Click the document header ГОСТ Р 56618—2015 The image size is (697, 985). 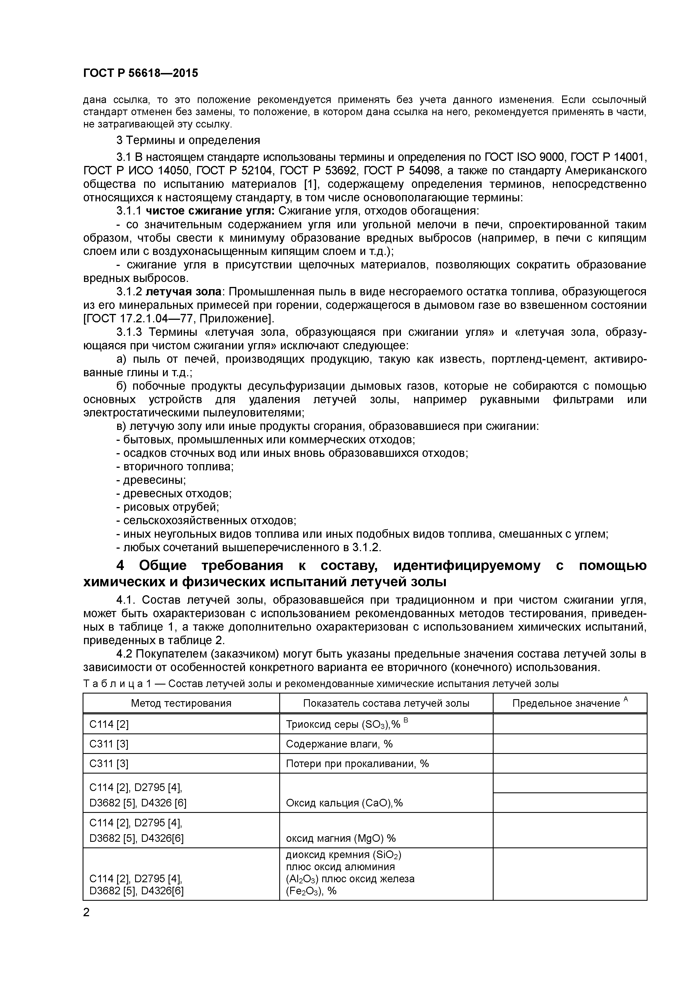point(140,73)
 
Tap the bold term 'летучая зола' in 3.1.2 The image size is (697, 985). point(183,292)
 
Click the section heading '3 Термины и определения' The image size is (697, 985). point(188,140)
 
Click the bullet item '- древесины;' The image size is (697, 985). point(151,480)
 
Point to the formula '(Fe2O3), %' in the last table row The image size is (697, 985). point(311,891)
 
